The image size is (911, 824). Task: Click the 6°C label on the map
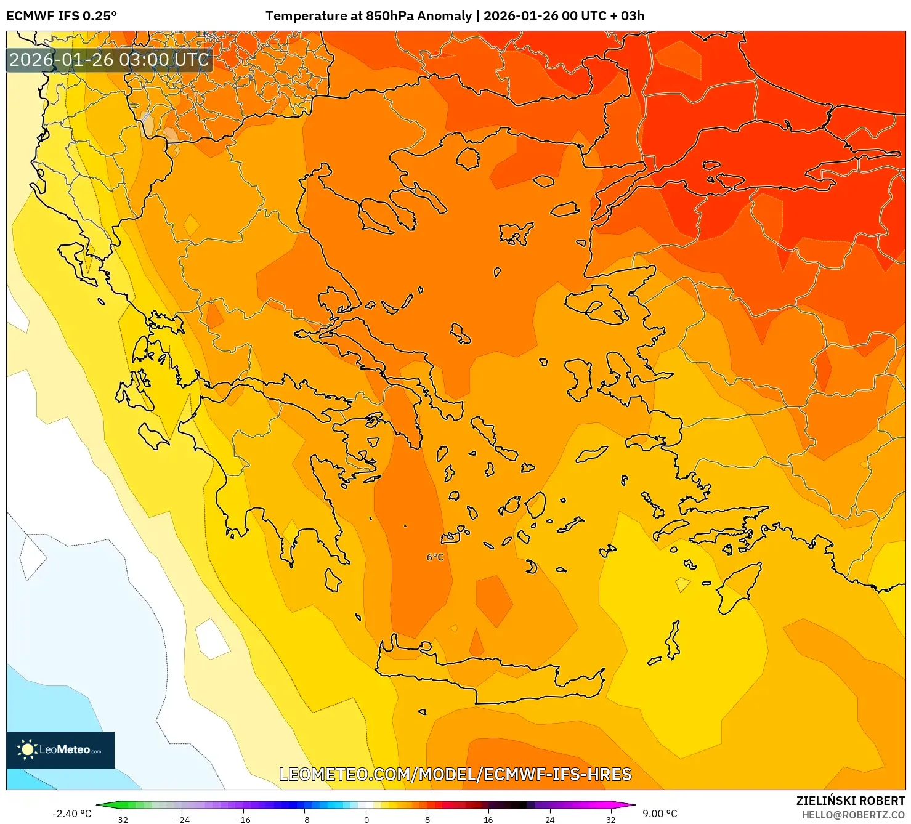[x=435, y=557]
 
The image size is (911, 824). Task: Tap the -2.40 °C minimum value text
[x=71, y=814]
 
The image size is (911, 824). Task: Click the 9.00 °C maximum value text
[x=660, y=814]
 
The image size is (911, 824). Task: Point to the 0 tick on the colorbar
[x=366, y=819]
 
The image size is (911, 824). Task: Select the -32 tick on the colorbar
[x=121, y=819]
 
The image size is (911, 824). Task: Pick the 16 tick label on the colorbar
[x=488, y=819]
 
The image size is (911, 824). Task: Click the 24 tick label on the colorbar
[x=549, y=819]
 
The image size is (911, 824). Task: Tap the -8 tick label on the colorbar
[x=305, y=819]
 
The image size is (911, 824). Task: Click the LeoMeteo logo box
[x=60, y=749]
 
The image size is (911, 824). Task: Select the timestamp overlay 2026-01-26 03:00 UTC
[x=109, y=60]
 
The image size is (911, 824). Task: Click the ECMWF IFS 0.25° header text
[x=62, y=16]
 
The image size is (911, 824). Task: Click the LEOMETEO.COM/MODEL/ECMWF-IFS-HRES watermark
[x=455, y=774]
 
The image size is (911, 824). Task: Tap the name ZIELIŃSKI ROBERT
[x=851, y=801]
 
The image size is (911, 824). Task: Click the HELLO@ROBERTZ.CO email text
[x=853, y=815]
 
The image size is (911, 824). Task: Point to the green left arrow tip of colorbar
[x=99, y=804]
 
